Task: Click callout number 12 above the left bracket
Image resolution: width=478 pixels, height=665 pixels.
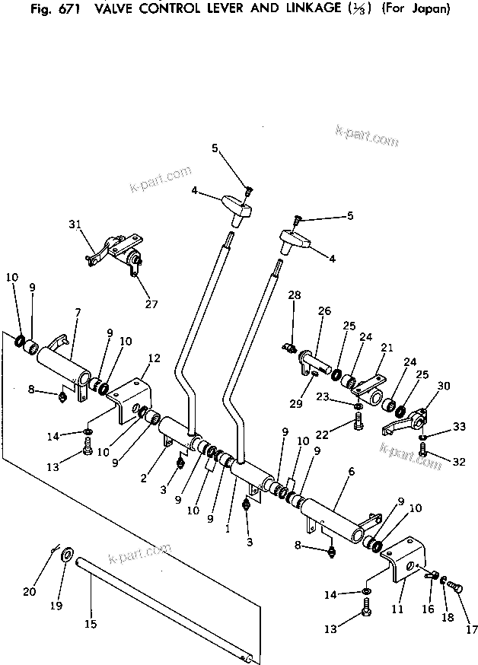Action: tap(155, 358)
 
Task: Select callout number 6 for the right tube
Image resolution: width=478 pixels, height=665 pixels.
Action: tap(351, 472)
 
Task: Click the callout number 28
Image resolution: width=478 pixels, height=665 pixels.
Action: tap(295, 294)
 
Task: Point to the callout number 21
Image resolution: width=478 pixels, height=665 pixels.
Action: tap(387, 347)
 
